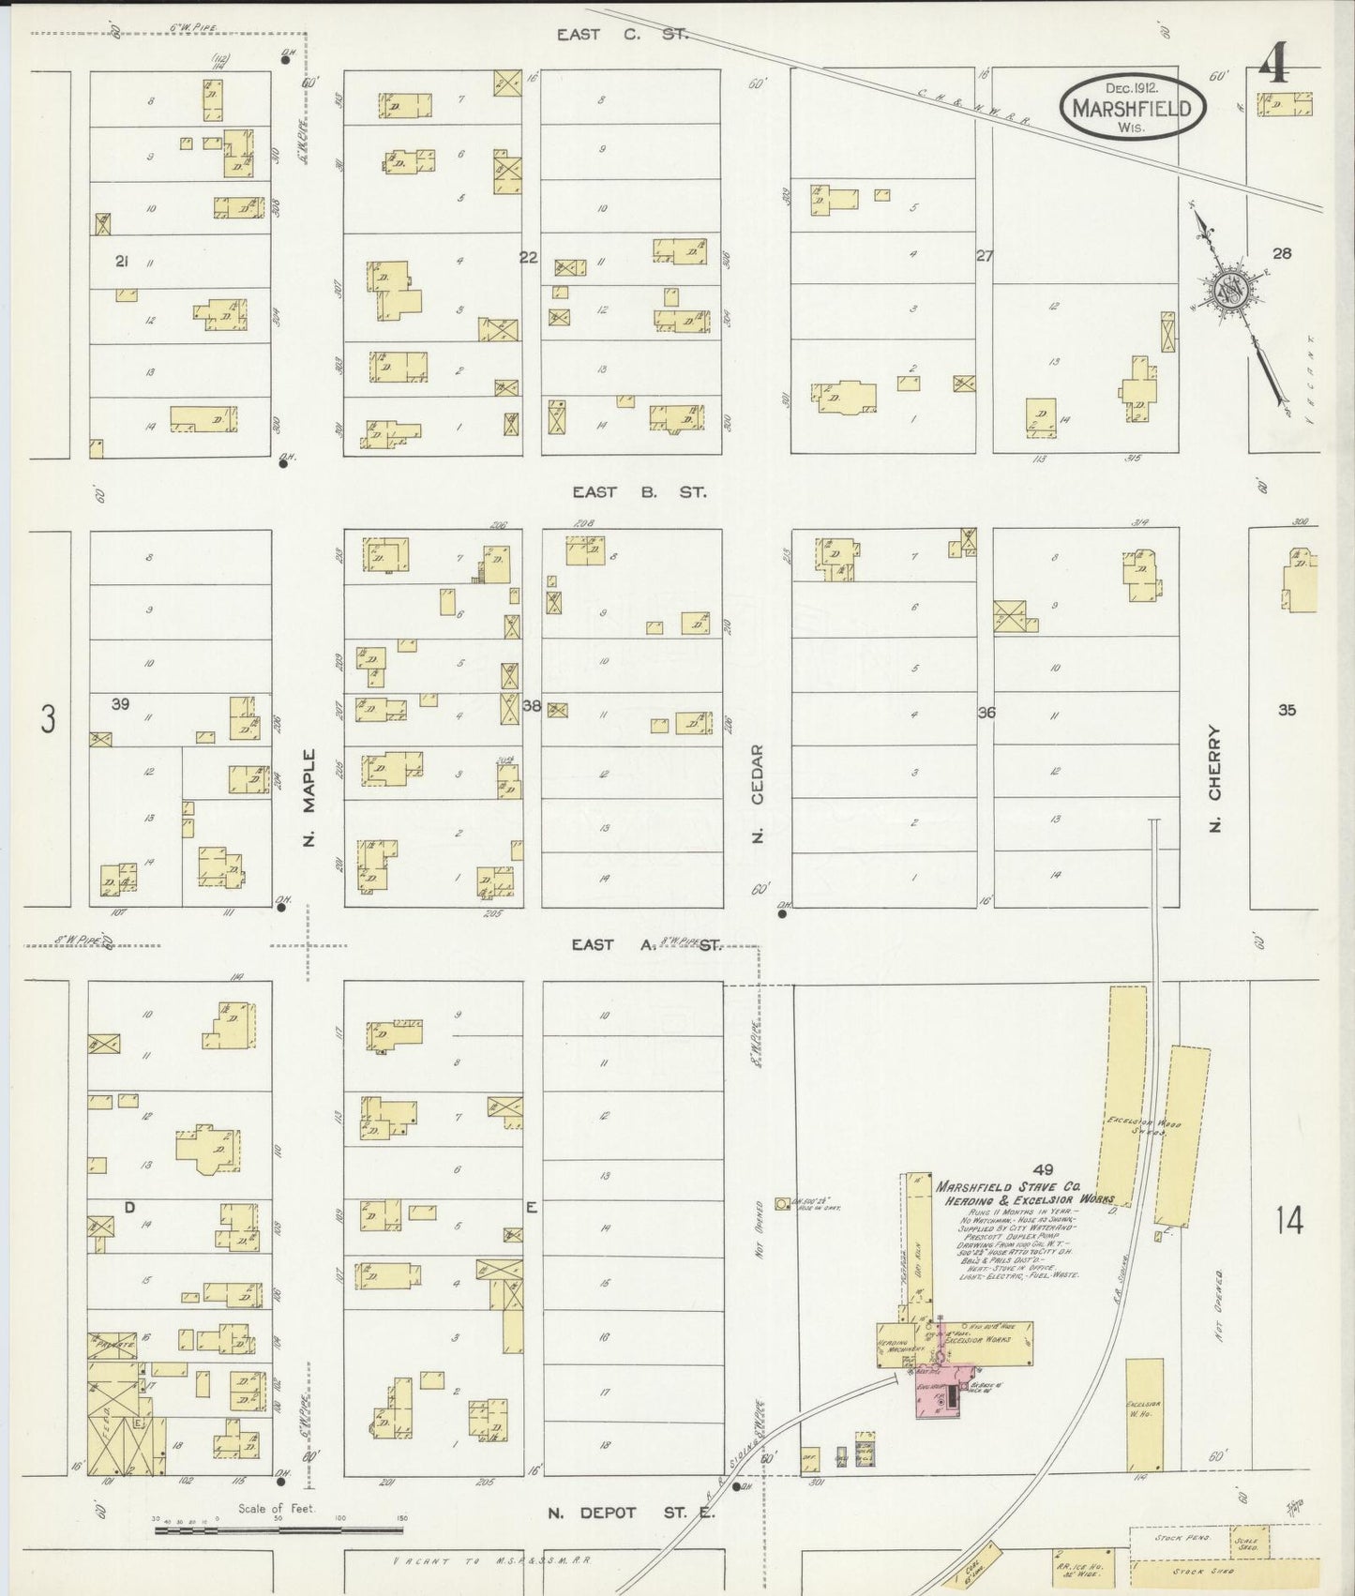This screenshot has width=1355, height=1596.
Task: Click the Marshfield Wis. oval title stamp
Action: (x=1132, y=108)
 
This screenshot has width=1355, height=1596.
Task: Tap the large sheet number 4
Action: (x=1272, y=66)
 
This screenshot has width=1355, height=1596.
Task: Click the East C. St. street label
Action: (x=622, y=35)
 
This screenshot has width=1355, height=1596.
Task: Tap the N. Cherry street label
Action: (x=1215, y=778)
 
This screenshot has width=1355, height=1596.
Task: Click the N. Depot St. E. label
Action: (x=630, y=1513)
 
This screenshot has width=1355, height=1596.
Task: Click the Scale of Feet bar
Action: (x=278, y=1530)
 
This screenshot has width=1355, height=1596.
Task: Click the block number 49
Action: (x=1043, y=1168)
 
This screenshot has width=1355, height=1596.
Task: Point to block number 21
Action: (x=121, y=261)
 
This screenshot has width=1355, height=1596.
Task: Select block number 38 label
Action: (x=532, y=706)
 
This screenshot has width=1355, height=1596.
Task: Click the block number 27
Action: (x=984, y=255)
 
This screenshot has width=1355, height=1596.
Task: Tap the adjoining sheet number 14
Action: (x=1288, y=1220)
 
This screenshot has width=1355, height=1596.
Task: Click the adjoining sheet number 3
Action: (x=48, y=720)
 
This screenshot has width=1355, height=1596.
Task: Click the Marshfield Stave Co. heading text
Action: (x=1008, y=1186)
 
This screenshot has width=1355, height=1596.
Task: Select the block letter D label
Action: (x=129, y=1207)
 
